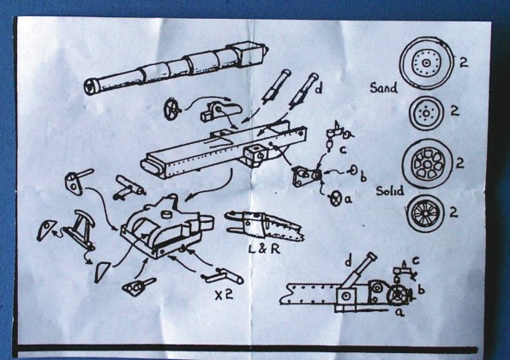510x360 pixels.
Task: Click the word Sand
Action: [384, 87]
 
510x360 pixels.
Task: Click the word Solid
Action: [390, 190]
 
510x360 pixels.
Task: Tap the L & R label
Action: [264, 249]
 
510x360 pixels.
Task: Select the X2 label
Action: [224, 294]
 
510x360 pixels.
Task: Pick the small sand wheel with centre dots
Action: [426, 112]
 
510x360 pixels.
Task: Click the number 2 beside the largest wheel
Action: [464, 62]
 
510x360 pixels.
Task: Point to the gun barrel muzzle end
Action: [89, 87]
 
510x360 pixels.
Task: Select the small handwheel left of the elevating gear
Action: [171, 110]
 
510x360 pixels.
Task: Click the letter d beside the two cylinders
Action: [318, 88]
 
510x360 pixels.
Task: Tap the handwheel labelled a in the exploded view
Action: [336, 198]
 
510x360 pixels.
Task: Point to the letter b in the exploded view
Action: [363, 177]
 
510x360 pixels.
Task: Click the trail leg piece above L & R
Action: [263, 224]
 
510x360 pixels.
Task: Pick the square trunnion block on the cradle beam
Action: [255, 154]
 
